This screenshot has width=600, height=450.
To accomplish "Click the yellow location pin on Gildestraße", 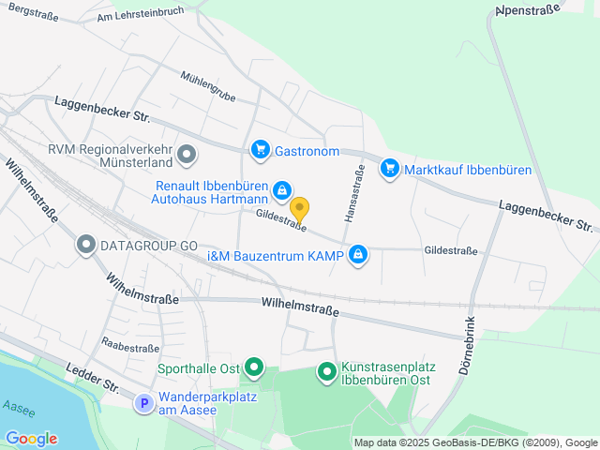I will pyautogui.click(x=299, y=209).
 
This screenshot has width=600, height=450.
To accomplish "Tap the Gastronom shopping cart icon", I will pyautogui.click(x=260, y=150).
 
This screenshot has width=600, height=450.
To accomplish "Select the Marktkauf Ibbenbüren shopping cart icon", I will pyautogui.click(x=389, y=169).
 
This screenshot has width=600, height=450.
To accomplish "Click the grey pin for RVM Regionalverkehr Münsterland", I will pyautogui.click(x=187, y=153).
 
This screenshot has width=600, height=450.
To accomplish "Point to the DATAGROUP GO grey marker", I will pyautogui.click(x=86, y=246).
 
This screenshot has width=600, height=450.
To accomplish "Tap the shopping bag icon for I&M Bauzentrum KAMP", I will pyautogui.click(x=358, y=254).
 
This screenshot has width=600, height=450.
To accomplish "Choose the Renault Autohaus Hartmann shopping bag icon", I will pyautogui.click(x=281, y=192).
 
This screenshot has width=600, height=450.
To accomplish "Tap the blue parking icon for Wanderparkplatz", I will pyautogui.click(x=143, y=404).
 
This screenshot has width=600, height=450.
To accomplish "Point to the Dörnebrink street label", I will pyautogui.click(x=470, y=343).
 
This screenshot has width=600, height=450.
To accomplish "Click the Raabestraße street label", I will pyautogui.click(x=129, y=348).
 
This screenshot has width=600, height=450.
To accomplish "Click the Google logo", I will pyautogui.click(x=31, y=439).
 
